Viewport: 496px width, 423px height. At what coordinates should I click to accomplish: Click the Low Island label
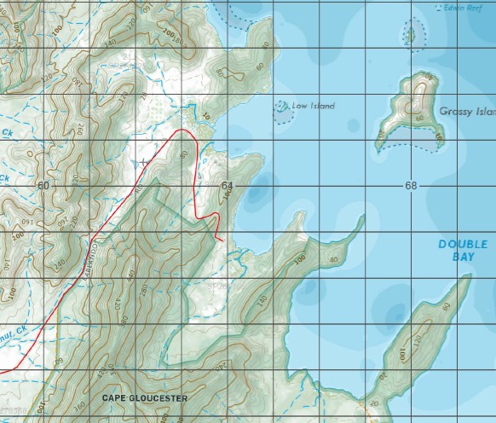click(313, 107)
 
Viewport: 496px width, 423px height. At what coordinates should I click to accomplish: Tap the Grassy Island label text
click(468, 112)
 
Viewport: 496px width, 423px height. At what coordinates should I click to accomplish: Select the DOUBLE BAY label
click(463, 250)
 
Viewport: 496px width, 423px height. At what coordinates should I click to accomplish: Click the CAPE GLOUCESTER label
click(144, 398)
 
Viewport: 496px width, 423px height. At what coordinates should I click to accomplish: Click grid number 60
click(43, 185)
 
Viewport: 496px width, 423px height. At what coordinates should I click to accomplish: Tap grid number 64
click(226, 185)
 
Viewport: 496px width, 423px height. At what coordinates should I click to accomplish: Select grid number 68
click(411, 185)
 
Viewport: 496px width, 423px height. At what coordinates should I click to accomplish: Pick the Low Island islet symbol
click(280, 108)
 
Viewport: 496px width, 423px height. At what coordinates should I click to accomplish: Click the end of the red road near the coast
click(223, 241)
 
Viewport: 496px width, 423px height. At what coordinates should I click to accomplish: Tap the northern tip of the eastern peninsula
click(470, 277)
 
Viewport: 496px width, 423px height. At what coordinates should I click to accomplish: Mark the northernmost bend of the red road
click(182, 131)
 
